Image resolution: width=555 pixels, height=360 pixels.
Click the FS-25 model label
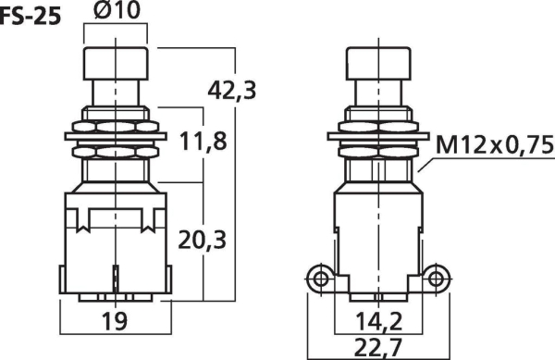click(x=31, y=17)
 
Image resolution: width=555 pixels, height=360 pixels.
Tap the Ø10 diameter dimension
click(x=117, y=10)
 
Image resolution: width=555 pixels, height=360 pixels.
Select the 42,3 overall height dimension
click(x=232, y=91)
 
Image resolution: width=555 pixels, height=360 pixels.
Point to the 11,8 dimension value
click(x=203, y=141)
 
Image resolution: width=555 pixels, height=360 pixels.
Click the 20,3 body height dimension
click(x=202, y=240)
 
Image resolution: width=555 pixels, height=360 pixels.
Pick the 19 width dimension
click(x=114, y=321)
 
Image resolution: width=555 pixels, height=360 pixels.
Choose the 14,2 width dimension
click(x=378, y=322)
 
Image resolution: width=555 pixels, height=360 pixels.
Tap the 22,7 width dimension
click(x=378, y=348)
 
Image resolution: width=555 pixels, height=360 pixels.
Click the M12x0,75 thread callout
click(x=495, y=144)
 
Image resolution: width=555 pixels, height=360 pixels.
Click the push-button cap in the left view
click(x=116, y=63)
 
